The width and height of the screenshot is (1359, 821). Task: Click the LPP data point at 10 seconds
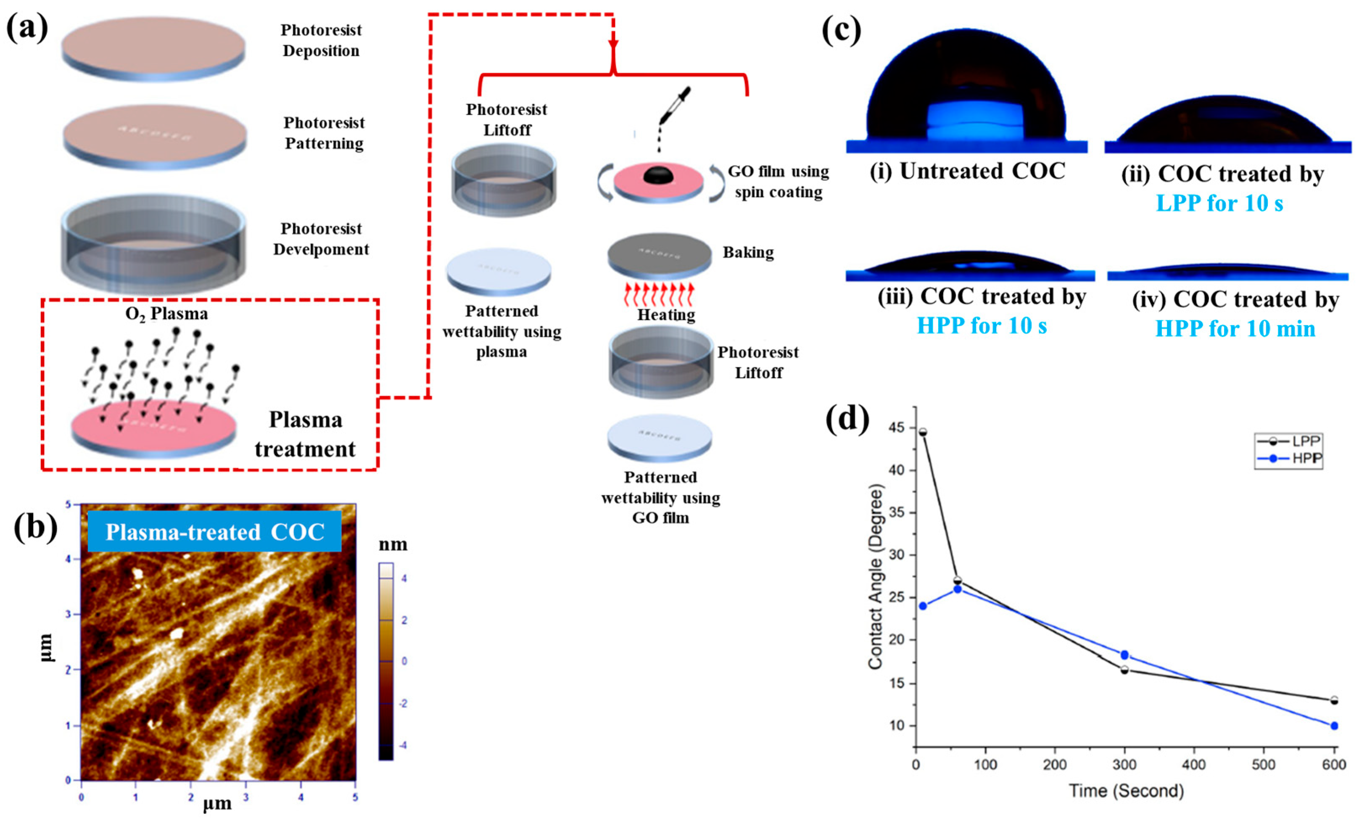coord(923,432)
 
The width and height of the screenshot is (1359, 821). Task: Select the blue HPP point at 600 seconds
coord(1334,726)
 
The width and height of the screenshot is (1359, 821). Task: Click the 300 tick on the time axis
coord(1124,765)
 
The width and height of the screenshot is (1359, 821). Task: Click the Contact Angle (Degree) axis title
coord(876,577)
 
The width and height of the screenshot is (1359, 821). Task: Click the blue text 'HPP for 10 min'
coord(1235,329)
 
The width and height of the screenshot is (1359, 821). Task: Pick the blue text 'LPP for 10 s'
coord(1219,203)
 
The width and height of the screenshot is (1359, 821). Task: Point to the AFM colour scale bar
coord(385,661)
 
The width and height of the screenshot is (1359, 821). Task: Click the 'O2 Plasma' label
coord(166,314)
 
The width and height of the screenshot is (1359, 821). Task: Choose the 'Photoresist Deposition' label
coord(321,40)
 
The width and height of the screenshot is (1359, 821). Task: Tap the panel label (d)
coord(847,420)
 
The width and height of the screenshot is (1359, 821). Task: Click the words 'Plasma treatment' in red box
coord(305,435)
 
